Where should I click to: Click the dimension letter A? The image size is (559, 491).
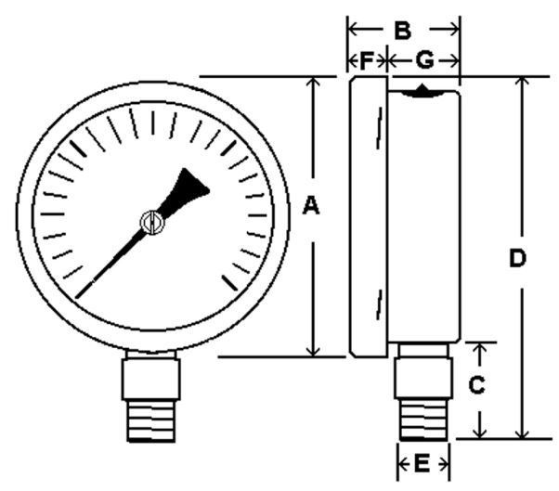(x=311, y=207)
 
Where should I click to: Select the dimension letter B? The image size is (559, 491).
(x=402, y=31)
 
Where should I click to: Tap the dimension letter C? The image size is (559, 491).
(x=476, y=385)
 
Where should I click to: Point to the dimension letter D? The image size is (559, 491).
(x=517, y=259)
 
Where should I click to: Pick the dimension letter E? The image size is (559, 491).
(x=422, y=464)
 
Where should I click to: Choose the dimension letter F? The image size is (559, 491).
(x=367, y=60)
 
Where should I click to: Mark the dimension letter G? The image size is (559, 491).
(x=425, y=60)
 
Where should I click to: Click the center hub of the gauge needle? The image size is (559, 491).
(x=152, y=223)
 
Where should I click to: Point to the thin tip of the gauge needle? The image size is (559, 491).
(x=77, y=296)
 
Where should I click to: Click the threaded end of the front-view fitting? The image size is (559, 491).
(x=151, y=421)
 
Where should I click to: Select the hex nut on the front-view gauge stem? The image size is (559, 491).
(x=151, y=380)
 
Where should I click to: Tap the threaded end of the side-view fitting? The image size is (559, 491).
(x=423, y=420)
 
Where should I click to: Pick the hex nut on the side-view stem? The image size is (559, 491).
(x=423, y=378)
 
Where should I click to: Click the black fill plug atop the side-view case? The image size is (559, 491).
(x=422, y=91)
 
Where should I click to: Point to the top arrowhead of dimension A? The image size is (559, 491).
(x=313, y=83)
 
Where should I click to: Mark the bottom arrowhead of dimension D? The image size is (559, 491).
(x=523, y=432)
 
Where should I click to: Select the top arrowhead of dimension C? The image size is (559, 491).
(x=481, y=348)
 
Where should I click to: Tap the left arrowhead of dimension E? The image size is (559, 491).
(x=403, y=465)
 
